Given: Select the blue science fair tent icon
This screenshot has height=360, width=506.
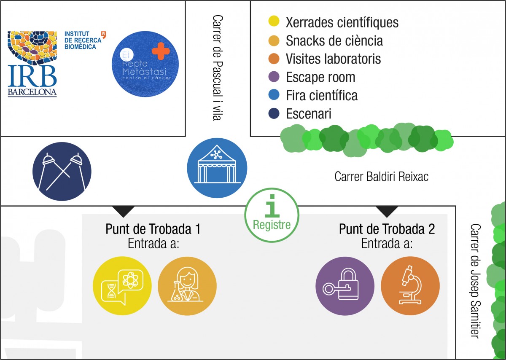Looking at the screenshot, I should (217, 168).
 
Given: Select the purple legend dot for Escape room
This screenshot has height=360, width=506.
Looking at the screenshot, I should (274, 77).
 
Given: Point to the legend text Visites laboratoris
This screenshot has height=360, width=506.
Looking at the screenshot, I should (333, 59).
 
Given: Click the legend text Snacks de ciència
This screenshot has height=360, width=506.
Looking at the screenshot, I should (334, 40).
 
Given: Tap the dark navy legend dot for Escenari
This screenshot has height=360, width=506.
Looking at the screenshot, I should (274, 114).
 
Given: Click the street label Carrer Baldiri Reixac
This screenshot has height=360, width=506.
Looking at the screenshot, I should (381, 176).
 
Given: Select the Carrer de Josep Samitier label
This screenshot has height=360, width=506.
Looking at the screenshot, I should (475, 280).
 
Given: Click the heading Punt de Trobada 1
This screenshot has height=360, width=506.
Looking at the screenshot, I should (153, 229).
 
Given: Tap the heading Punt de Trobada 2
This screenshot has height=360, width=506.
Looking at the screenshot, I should (387, 229).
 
